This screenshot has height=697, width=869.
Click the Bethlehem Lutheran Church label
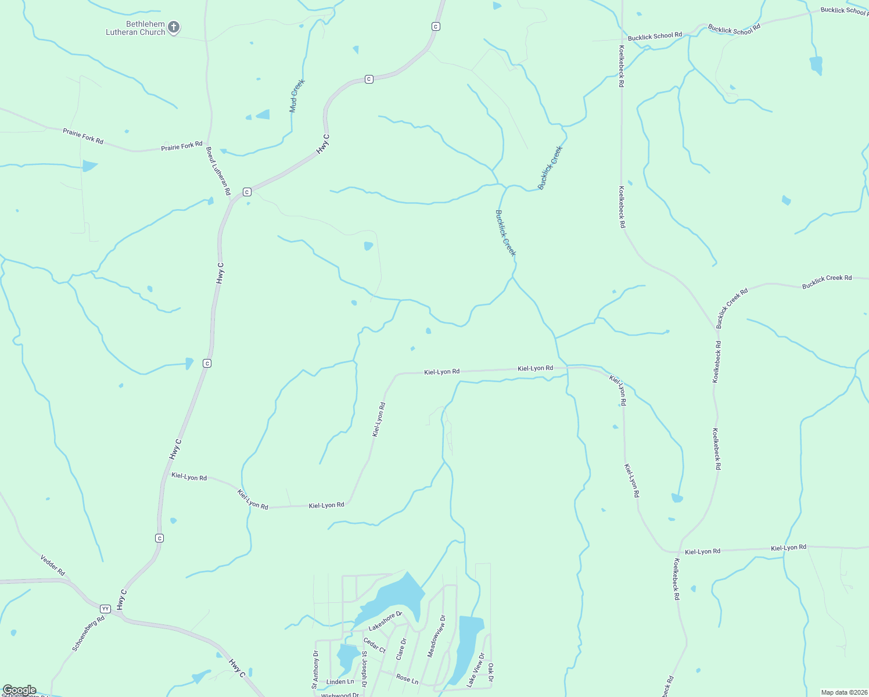[x=136, y=28]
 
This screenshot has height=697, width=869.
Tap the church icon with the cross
[x=174, y=27]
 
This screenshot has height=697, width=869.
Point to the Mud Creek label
[x=297, y=96]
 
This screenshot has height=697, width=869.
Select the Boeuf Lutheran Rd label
[x=218, y=171]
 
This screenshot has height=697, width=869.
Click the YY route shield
[x=105, y=609]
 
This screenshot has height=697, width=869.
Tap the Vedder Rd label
[x=53, y=565]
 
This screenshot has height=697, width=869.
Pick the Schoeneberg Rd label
[x=88, y=633]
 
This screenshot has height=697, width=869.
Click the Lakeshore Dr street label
[x=385, y=621]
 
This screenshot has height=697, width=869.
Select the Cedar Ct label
[x=375, y=645]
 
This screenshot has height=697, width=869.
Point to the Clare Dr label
[x=401, y=649]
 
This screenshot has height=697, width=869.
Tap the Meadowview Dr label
[x=437, y=636]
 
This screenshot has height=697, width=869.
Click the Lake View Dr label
[x=475, y=670]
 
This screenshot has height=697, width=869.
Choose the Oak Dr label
[x=491, y=673]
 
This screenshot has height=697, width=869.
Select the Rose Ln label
[x=407, y=678]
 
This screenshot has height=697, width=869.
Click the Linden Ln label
[x=340, y=682]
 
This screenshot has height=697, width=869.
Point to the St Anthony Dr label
[x=315, y=670]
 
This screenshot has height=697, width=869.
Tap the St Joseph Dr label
[x=364, y=669]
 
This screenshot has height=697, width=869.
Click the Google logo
[x=19, y=690]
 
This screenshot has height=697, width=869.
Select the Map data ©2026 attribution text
[x=844, y=692]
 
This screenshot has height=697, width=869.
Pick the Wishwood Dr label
[x=340, y=695]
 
